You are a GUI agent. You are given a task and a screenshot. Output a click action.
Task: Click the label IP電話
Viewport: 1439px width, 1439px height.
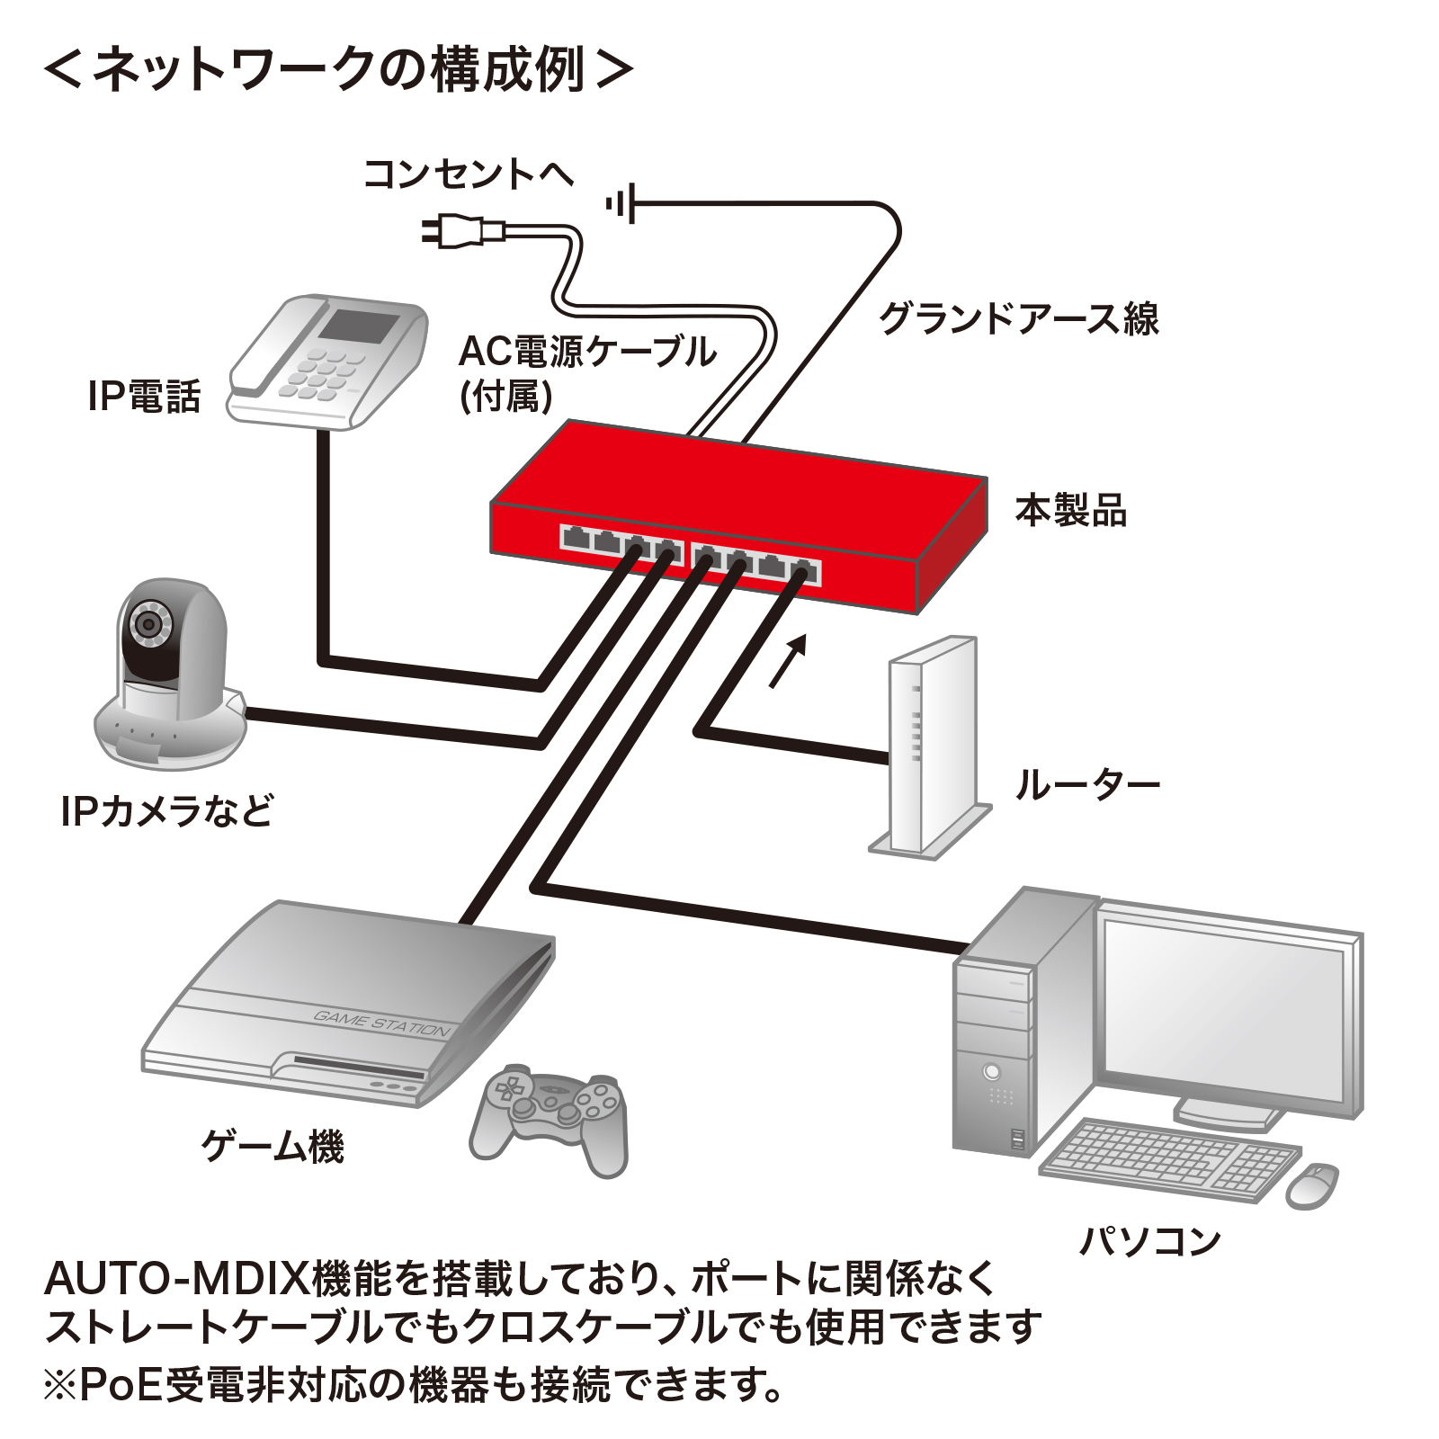(x=144, y=396)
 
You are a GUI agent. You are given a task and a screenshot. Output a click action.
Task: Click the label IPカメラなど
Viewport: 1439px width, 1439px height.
(x=167, y=811)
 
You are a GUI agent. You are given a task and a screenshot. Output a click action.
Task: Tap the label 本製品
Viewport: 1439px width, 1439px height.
(x=1070, y=510)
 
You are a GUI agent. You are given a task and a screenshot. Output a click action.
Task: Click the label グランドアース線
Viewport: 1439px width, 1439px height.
(x=1019, y=318)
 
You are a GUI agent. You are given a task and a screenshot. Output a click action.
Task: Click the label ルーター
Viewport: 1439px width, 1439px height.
(x=1087, y=785)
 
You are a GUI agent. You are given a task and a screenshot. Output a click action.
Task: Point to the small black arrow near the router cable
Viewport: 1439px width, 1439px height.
(x=788, y=661)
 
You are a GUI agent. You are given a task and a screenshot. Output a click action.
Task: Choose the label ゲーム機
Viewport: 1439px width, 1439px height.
(x=273, y=1146)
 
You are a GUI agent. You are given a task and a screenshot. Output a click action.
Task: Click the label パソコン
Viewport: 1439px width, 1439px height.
(x=1149, y=1241)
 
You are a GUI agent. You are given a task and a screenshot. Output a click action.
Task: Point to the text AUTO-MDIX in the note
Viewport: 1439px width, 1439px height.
(x=176, y=1278)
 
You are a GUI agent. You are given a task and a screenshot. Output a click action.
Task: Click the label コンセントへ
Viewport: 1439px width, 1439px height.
(x=469, y=174)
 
